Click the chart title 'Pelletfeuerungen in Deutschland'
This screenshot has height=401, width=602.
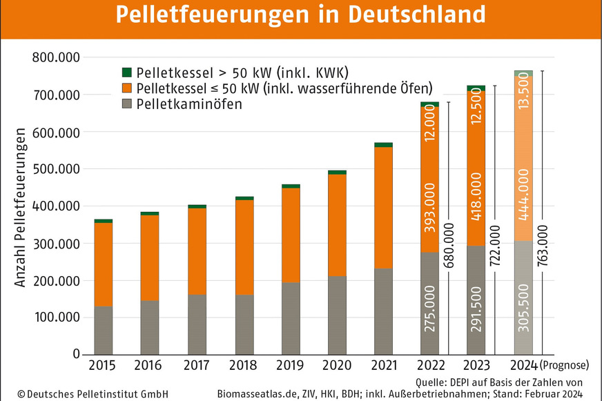[300, 14]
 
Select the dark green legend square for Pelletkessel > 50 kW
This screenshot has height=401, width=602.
[126, 72]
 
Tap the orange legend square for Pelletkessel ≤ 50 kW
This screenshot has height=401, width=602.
[126, 88]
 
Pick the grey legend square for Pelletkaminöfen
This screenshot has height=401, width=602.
[126, 104]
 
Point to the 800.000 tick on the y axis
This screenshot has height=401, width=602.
[57, 57]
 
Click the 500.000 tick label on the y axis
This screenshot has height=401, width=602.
[57, 169]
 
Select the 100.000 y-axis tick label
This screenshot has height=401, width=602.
[57, 318]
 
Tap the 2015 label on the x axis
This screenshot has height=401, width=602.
[103, 364]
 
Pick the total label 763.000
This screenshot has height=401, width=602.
[544, 249]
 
